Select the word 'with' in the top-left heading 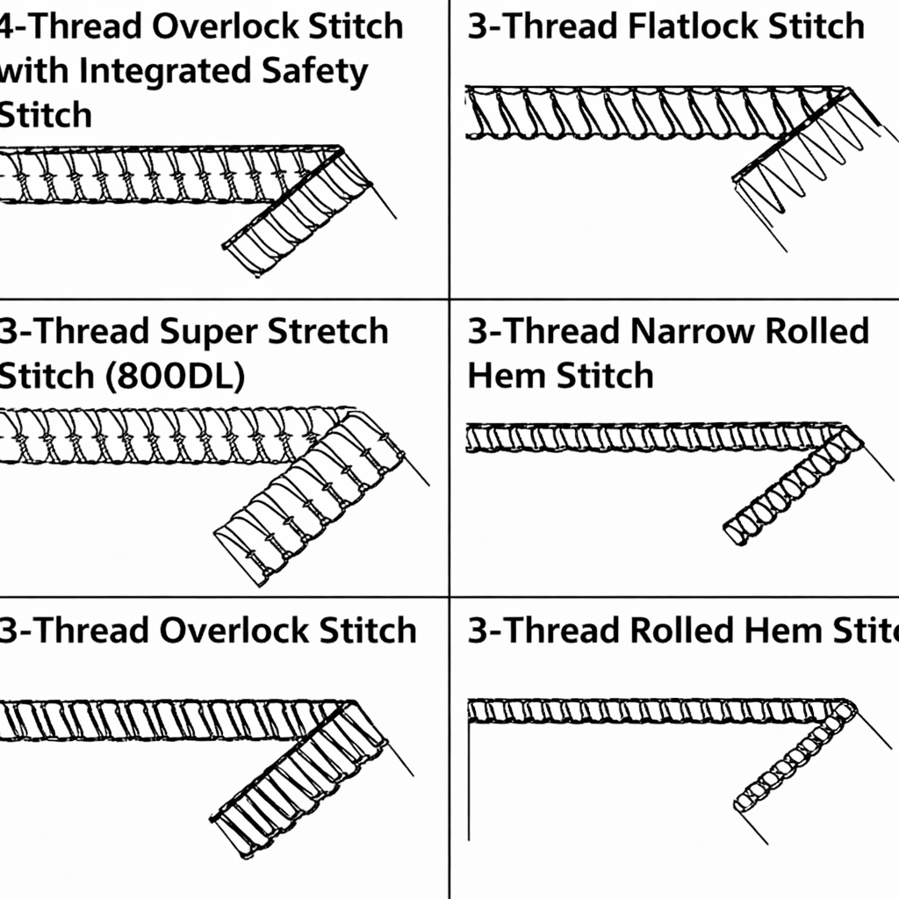point(33,71)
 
